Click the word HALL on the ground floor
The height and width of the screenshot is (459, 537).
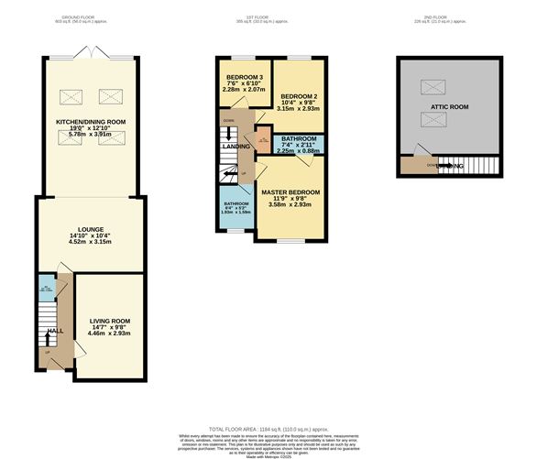coord(55,330)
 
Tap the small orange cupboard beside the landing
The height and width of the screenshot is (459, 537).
coord(263,140)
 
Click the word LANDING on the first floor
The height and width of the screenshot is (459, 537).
coord(236,146)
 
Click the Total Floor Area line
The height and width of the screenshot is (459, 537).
coord(268,427)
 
